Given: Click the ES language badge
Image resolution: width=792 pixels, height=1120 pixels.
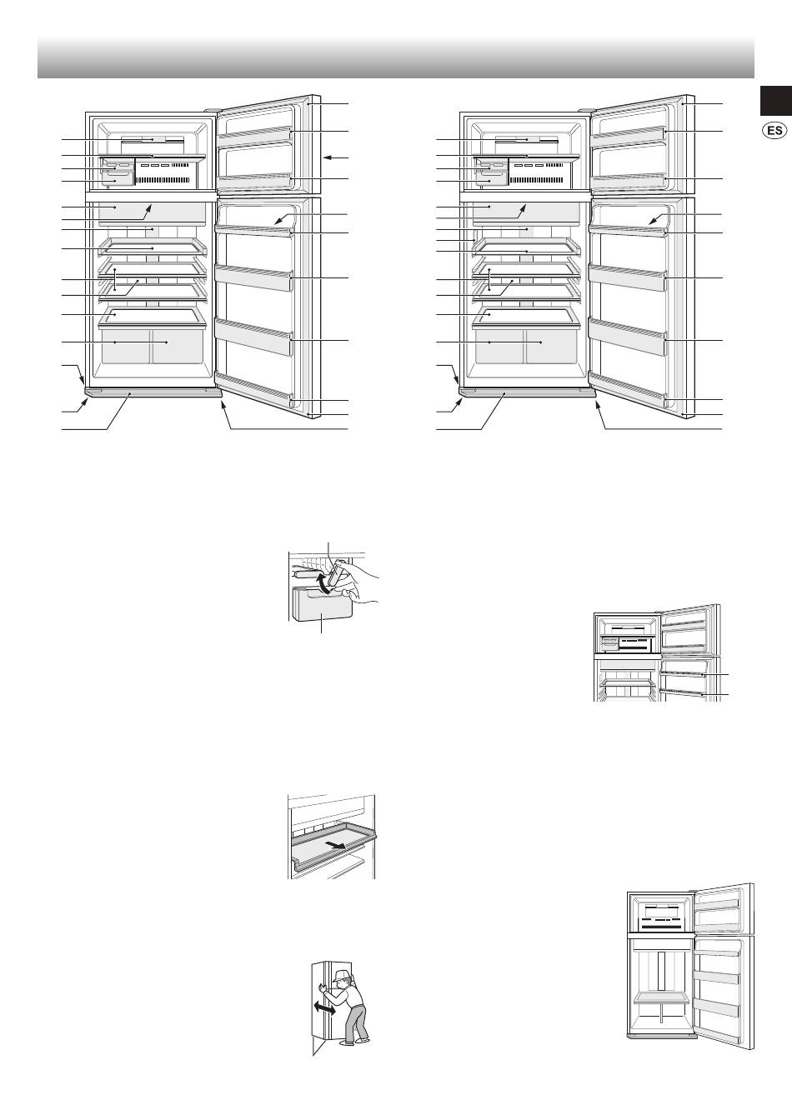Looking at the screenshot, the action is coord(774,131).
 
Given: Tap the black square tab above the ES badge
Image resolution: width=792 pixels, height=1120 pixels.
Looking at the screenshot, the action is coord(776,101).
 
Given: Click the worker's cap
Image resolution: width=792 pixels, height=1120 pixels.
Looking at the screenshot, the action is coord(341,974).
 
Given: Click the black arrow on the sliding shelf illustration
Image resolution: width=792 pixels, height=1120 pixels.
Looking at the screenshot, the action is coord(334,845).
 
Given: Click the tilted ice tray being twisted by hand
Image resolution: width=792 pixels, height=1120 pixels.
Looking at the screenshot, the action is coord(336,572).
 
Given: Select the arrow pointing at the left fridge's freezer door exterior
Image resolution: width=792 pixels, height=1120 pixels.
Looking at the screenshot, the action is coord(335,157).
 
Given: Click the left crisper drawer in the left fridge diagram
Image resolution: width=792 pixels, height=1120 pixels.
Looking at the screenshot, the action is coord(126,346).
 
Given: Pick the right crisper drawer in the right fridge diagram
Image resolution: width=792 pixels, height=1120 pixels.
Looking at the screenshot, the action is coord(552,346).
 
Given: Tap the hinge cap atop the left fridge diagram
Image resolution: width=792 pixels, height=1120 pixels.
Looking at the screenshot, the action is coord(212,111).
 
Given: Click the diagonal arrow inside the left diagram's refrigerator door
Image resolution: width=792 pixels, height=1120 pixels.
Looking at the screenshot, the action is coord(285,220).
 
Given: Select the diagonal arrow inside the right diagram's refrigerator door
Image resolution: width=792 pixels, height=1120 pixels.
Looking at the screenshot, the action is coord(660,220).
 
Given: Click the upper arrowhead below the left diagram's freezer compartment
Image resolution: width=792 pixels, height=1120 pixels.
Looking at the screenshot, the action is coord(149,207).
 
